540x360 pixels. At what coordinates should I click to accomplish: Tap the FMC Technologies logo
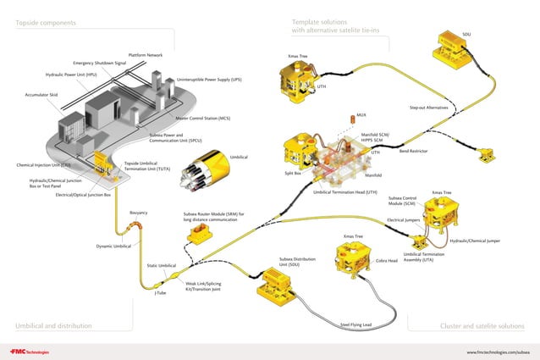coord(30,352)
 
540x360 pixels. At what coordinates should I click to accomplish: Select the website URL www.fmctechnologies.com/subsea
coord(499,352)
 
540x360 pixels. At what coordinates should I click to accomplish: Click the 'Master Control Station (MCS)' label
coord(202,119)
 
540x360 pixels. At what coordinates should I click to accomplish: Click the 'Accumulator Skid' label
coord(41,95)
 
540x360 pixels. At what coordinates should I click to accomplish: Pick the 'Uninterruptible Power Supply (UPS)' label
coord(209,80)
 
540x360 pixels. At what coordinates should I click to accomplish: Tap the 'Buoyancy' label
coord(140,213)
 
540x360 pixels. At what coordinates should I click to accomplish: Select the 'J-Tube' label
coord(160,293)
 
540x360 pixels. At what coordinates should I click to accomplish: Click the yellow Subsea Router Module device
coord(201,237)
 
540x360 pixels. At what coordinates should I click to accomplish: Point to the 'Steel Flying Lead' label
coord(355,324)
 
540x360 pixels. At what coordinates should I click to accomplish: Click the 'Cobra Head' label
coord(387,261)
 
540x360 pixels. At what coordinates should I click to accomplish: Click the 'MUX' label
coord(361,114)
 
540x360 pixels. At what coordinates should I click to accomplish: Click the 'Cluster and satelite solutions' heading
coord(482,326)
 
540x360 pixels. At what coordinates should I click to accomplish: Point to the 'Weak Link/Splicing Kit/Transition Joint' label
coord(203,286)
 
